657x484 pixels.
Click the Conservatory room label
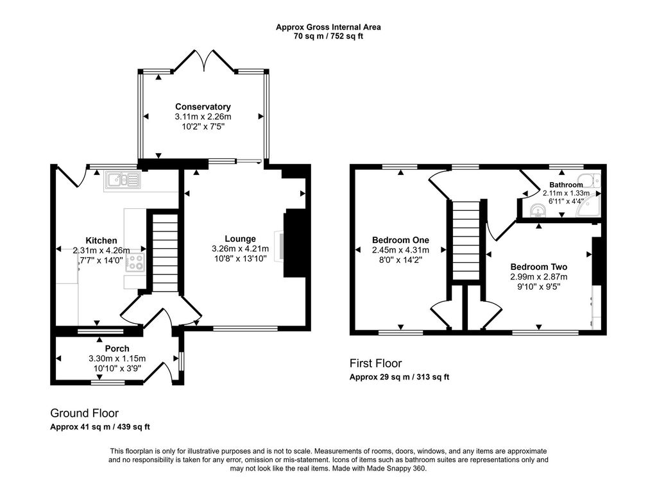coord(203,106)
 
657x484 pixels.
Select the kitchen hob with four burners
coord(136,262)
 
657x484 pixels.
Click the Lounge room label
coord(240,238)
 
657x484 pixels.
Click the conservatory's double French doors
coord(204,62)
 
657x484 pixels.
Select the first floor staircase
coord(465,240)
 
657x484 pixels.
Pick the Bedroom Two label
coord(538,267)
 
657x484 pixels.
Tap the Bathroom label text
coord(566,185)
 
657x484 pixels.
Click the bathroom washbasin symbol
coord(538,209)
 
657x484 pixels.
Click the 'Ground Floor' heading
coord(84,413)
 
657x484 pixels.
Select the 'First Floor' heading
coord(375,363)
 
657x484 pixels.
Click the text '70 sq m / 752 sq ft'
coord(328,37)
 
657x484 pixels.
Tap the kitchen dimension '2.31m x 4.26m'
coord(101,251)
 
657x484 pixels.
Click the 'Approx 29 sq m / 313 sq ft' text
coord(399,377)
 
